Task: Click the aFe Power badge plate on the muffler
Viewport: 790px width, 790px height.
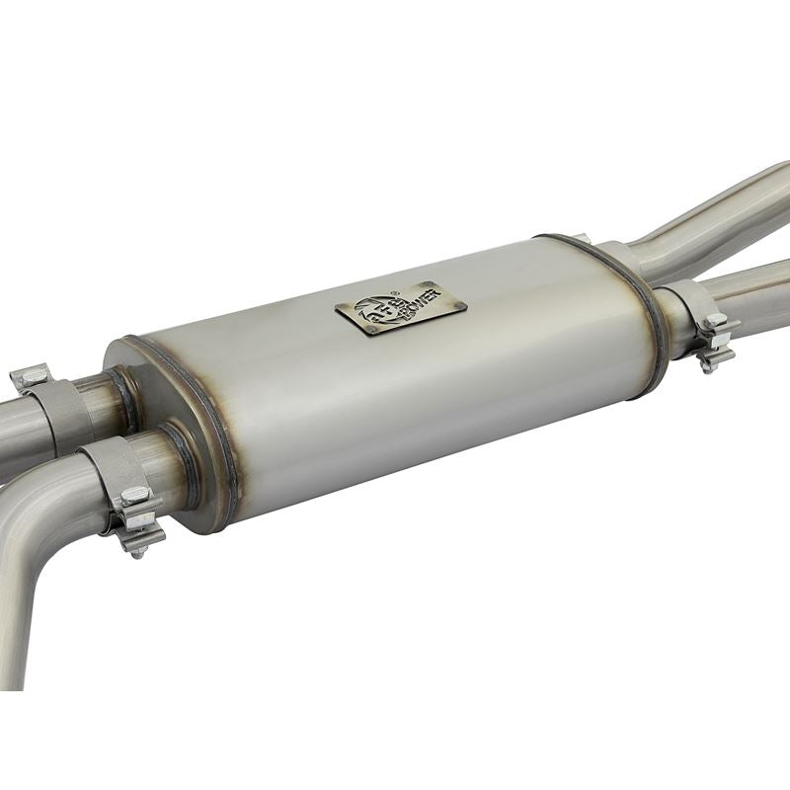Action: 401,308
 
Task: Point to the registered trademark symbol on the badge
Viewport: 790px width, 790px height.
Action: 393,293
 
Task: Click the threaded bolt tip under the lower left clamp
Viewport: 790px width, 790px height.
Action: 138,551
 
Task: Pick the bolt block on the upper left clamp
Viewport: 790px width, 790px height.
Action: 32,376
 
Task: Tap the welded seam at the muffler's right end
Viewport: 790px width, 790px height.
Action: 647,316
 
